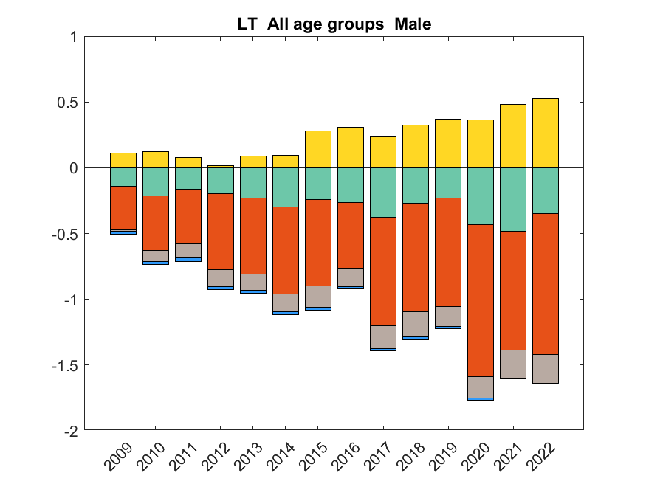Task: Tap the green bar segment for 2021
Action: coord(513,199)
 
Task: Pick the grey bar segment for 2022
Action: coord(546,368)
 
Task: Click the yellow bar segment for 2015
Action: coord(318,149)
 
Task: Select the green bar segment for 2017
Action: coord(383,193)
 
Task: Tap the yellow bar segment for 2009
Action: coord(123,160)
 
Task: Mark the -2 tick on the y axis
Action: coord(70,431)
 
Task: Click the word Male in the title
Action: coord(413,24)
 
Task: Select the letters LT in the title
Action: coord(247,24)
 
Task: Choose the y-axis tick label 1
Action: coord(73,36)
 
